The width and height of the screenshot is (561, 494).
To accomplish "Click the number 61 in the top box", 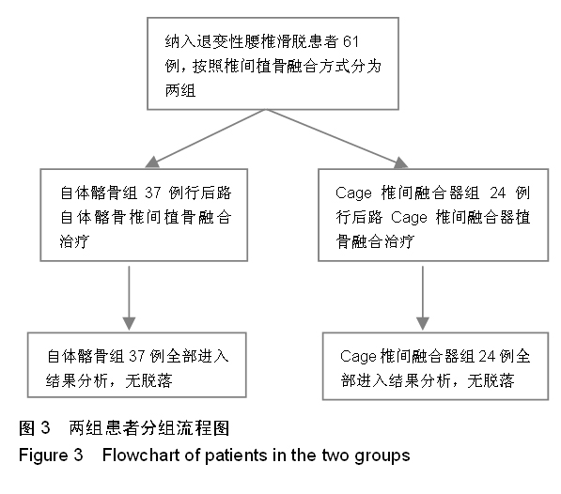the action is (351, 42).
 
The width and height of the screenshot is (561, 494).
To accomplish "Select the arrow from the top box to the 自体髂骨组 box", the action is (206, 138).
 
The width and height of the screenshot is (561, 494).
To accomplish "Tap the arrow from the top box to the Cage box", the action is (337, 138).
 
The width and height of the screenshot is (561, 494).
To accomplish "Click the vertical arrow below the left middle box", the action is (129, 298).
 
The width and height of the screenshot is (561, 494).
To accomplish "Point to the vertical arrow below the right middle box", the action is (423, 298).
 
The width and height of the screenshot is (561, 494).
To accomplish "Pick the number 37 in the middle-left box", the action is (153, 193).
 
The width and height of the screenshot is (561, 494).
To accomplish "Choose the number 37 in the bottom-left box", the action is (136, 356).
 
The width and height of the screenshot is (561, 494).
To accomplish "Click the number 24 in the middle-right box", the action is (497, 193).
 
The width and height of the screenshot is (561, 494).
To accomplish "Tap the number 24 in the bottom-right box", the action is (487, 356).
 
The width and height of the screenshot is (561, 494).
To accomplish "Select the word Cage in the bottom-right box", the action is (358, 357).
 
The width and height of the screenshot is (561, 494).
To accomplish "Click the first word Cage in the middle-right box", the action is (354, 193).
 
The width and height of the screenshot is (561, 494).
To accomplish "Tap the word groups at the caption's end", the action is (382, 456).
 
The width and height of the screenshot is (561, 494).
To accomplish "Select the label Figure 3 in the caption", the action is (51, 455).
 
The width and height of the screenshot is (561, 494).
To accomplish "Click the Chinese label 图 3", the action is (35, 428).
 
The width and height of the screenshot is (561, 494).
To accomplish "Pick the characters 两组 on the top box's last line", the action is (180, 90).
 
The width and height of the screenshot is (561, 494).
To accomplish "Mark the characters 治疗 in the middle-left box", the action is (74, 241).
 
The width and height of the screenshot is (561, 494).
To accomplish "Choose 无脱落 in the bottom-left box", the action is (148, 380).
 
